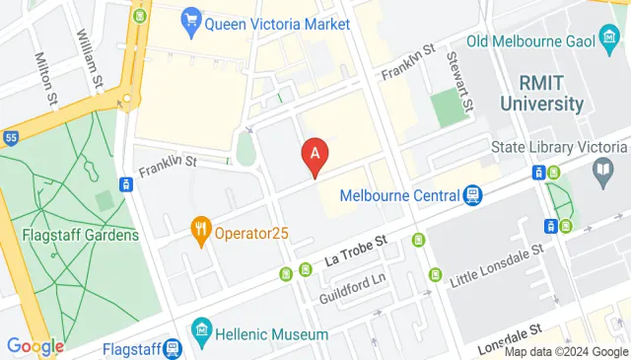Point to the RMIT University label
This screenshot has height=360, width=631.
pyautogui.click(x=542, y=92)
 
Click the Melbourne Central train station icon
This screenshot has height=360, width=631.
pyautogui.click(x=472, y=195)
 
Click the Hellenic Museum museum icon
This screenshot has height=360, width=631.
pyautogui.click(x=202, y=327)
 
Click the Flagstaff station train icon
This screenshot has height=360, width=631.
pyautogui.click(x=173, y=348)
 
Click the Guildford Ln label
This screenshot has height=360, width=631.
pyautogui.click(x=351, y=291)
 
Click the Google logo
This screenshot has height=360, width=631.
pyautogui.click(x=35, y=346)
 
